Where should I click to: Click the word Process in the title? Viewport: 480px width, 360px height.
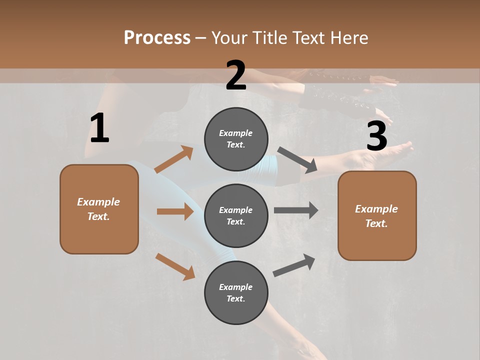click(157, 38)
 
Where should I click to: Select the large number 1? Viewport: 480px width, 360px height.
click(99, 128)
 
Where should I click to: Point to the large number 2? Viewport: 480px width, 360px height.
click(236, 75)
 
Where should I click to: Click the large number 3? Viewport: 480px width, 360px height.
click(376, 136)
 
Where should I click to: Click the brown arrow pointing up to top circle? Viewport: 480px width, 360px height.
click(174, 159)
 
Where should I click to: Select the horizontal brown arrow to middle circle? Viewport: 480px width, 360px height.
click(175, 211)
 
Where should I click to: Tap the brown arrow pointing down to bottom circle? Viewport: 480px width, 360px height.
click(175, 266)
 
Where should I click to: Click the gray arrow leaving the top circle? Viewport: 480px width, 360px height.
click(297, 159)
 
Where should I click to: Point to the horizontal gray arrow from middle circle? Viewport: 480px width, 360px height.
click(296, 210)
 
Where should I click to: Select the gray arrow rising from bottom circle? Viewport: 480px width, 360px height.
click(294, 265)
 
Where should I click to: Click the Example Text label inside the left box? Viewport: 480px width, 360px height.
click(98, 209)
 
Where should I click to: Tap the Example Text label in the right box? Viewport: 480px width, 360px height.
click(376, 216)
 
